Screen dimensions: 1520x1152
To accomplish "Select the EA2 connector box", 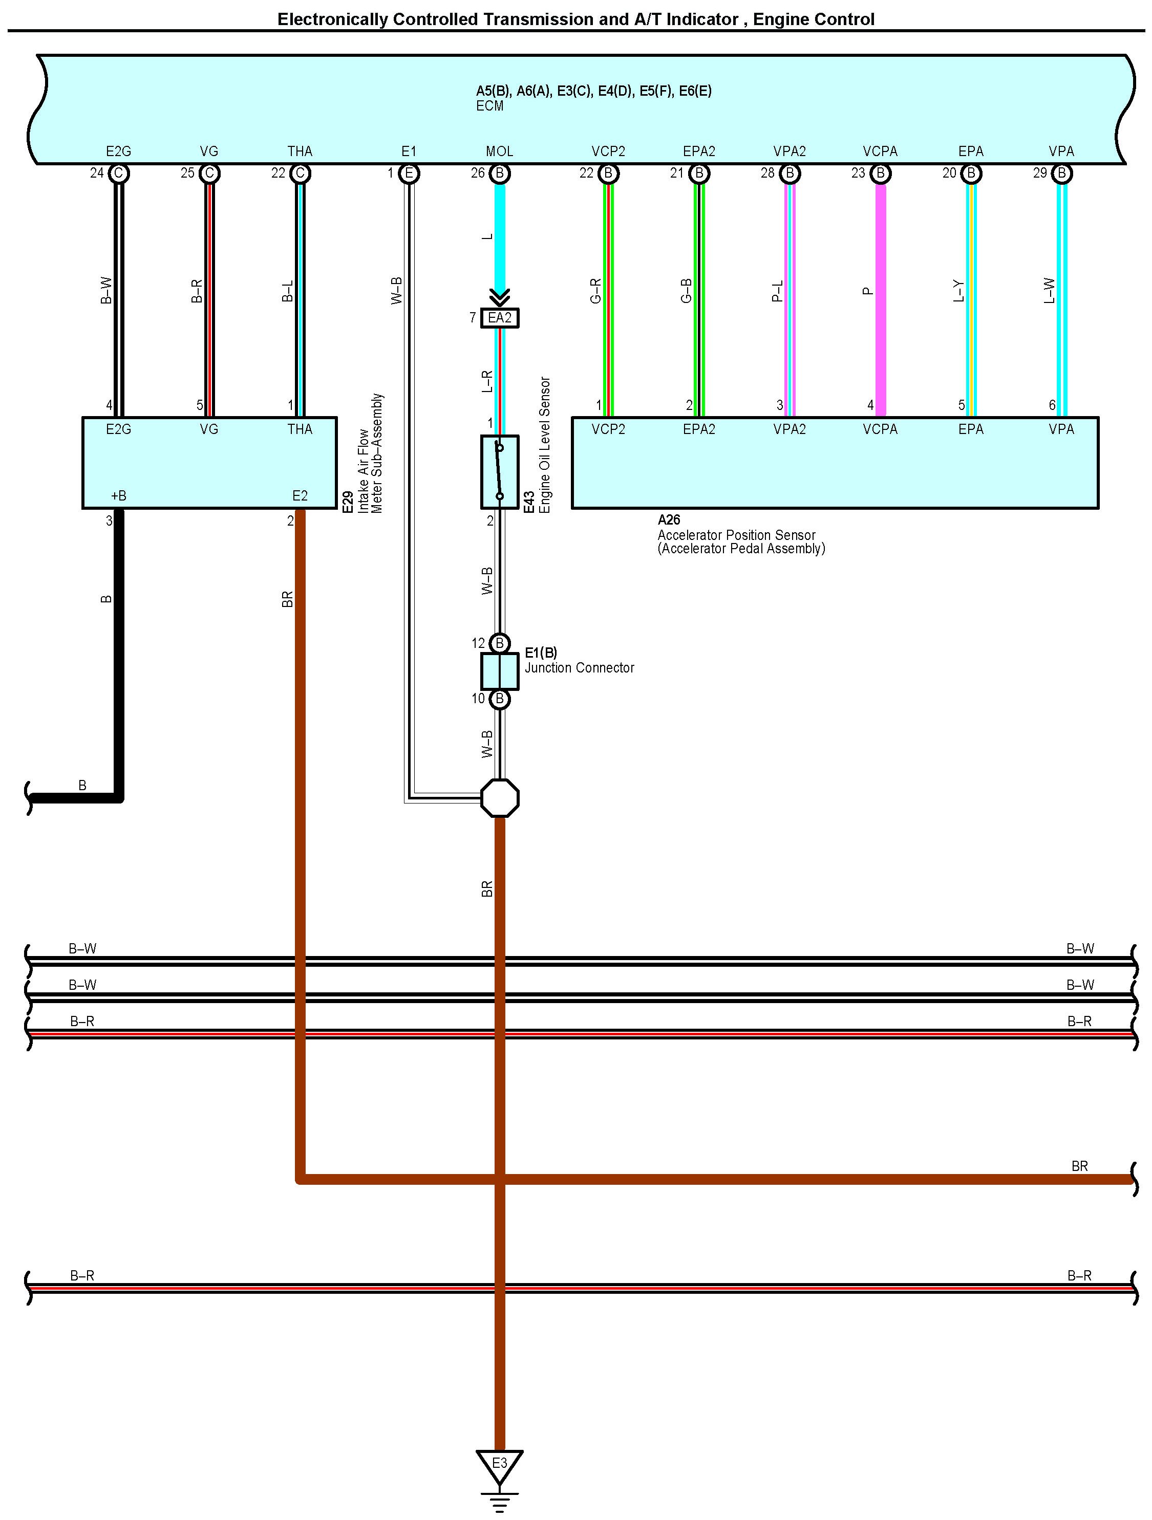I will pyautogui.click(x=500, y=317).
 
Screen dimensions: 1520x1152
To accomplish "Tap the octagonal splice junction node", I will pyautogui.click(x=500, y=798).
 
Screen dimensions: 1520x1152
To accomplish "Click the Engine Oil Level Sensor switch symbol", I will pyautogui.click(x=500, y=472).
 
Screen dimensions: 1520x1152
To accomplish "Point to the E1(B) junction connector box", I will pyautogui.click(x=500, y=670).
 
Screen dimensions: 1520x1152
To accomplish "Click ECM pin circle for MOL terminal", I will pyautogui.click(x=500, y=173).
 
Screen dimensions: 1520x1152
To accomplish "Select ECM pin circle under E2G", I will pyautogui.click(x=118, y=173).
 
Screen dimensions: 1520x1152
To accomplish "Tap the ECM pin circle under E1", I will pyautogui.click(x=409, y=173).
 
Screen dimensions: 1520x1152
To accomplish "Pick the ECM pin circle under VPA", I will pyautogui.click(x=1061, y=173).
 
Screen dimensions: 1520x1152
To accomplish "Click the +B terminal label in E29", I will pyautogui.click(x=118, y=495).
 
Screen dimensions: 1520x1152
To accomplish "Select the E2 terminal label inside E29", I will pyautogui.click(x=300, y=495).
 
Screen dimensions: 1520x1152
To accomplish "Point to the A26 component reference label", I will pyautogui.click(x=669, y=520).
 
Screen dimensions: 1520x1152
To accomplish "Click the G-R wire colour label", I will pyautogui.click(x=595, y=291).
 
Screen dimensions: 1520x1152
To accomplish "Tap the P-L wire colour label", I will pyautogui.click(x=777, y=291).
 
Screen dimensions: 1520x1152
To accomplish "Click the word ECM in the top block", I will pyautogui.click(x=489, y=106).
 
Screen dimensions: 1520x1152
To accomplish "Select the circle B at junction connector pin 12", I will pyautogui.click(x=500, y=643).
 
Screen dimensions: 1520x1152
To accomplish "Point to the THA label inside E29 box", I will pyautogui.click(x=300, y=429).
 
